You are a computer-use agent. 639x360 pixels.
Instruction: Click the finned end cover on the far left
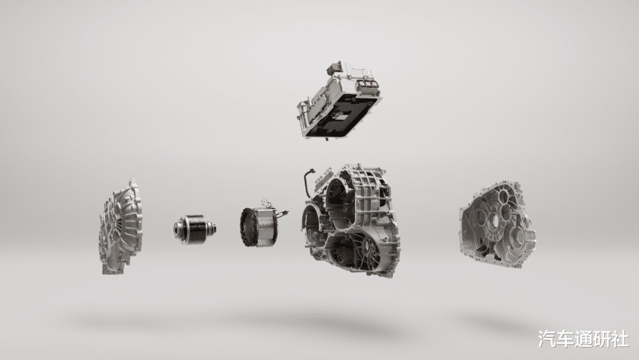(x=120, y=226)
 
